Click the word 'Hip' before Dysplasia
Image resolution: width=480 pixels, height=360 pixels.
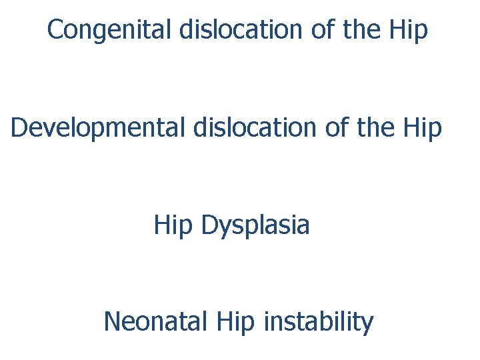173,225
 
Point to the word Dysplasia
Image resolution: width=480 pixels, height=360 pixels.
255,225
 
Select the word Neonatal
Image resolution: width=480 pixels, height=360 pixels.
156,323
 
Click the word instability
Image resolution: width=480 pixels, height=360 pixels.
319,323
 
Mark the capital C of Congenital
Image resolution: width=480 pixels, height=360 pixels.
56,30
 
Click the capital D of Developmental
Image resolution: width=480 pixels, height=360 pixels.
19,127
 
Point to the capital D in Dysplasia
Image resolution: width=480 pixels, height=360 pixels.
209,225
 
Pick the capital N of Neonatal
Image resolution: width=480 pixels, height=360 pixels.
113,323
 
